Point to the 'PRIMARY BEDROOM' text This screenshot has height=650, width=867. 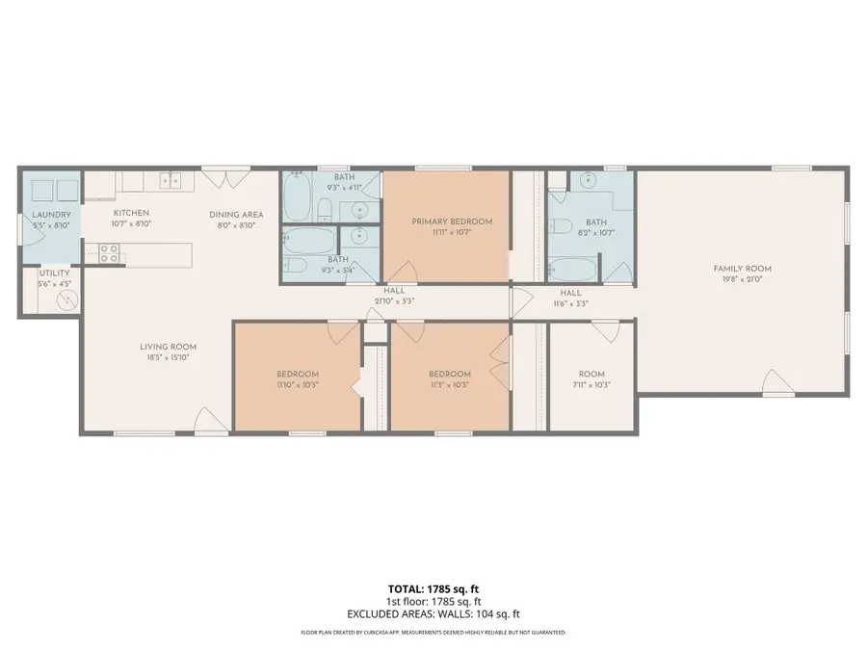[x=452, y=221]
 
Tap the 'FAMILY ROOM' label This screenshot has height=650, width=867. [x=742, y=269]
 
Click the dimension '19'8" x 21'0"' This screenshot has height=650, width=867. [x=742, y=279]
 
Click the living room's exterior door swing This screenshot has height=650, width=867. [x=209, y=420]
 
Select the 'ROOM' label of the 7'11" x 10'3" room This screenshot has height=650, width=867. [x=591, y=374]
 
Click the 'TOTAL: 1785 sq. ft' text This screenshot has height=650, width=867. [x=433, y=587]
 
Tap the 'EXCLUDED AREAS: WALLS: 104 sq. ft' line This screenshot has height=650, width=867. [x=433, y=613]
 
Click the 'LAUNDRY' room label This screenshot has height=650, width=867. [x=48, y=215]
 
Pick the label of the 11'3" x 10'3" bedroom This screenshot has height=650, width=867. [x=450, y=374]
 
